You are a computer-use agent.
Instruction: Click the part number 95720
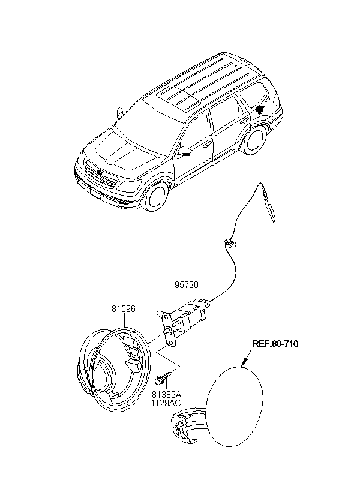tap(187, 285)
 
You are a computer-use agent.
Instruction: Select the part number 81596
tap(124, 309)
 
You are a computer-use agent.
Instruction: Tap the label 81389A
tap(166, 394)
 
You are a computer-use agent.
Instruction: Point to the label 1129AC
tap(166, 403)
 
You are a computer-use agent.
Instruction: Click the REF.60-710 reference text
tap(275, 343)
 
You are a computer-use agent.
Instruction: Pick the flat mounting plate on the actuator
tap(167, 329)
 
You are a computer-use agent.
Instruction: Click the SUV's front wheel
tap(155, 196)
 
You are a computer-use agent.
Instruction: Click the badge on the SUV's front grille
tap(100, 173)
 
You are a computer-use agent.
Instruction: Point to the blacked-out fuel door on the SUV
tap(260, 110)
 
